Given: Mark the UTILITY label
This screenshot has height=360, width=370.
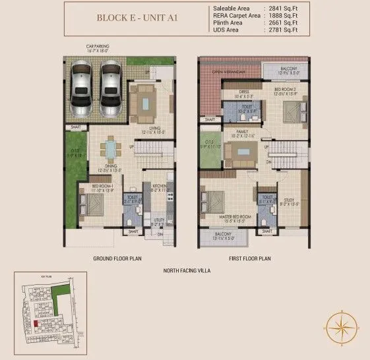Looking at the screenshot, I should (x=158, y=222).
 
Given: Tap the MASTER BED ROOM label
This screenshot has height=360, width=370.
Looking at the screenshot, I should (x=227, y=217).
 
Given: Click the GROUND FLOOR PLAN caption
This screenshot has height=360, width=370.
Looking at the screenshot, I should (x=117, y=258).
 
